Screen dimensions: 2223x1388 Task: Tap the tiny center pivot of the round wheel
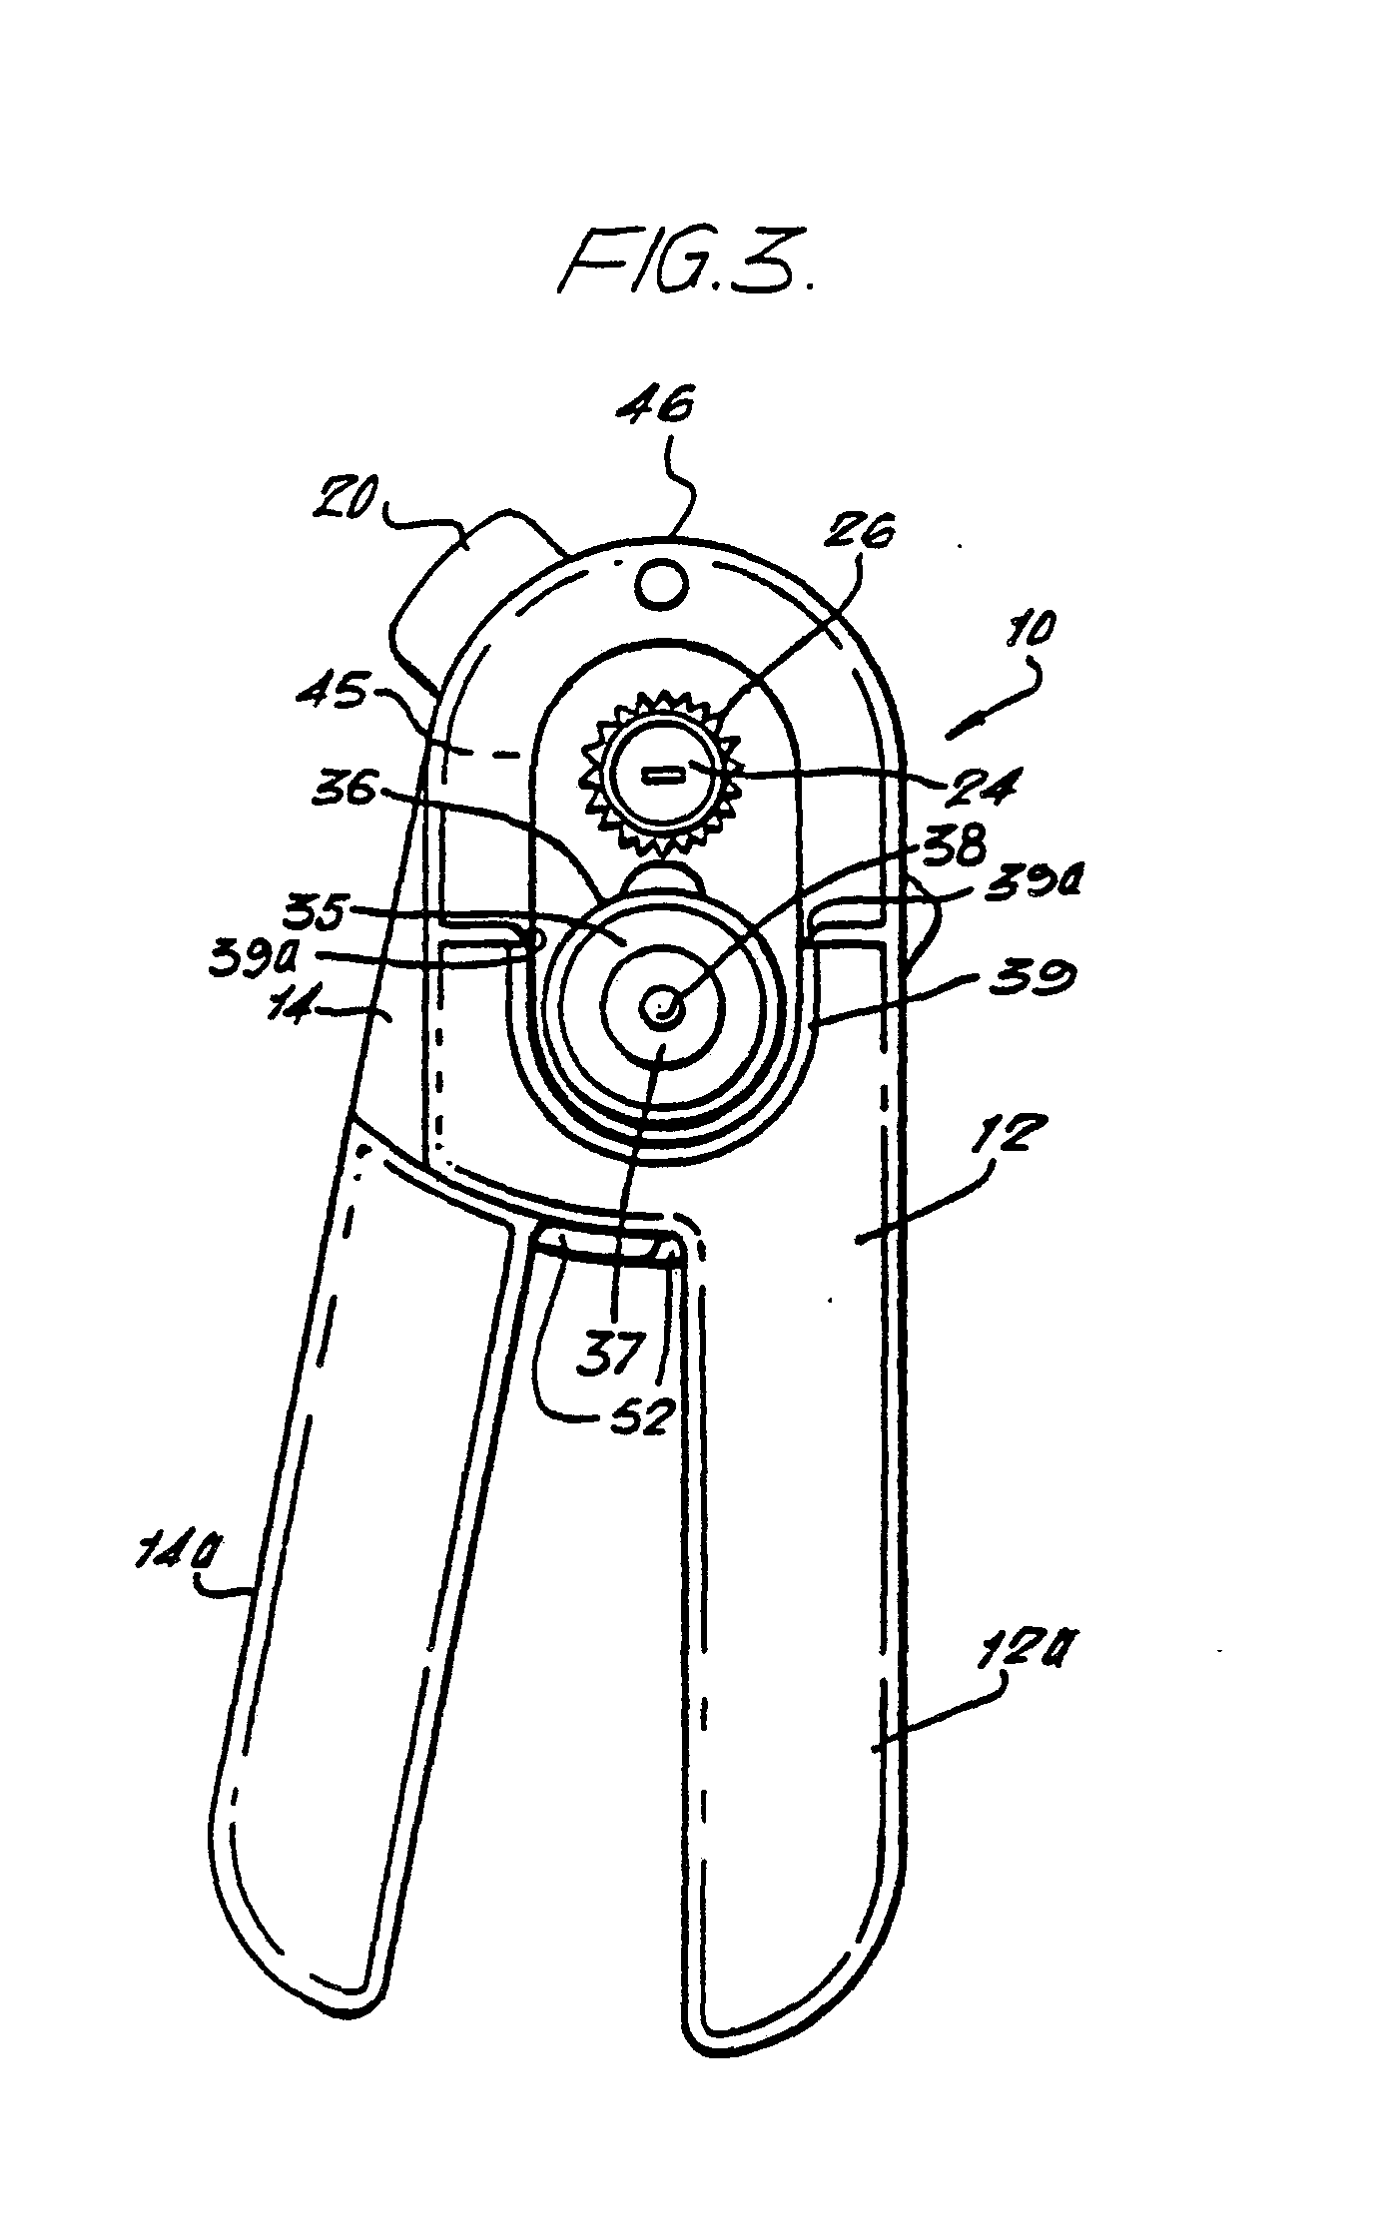pos(660,1009)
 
